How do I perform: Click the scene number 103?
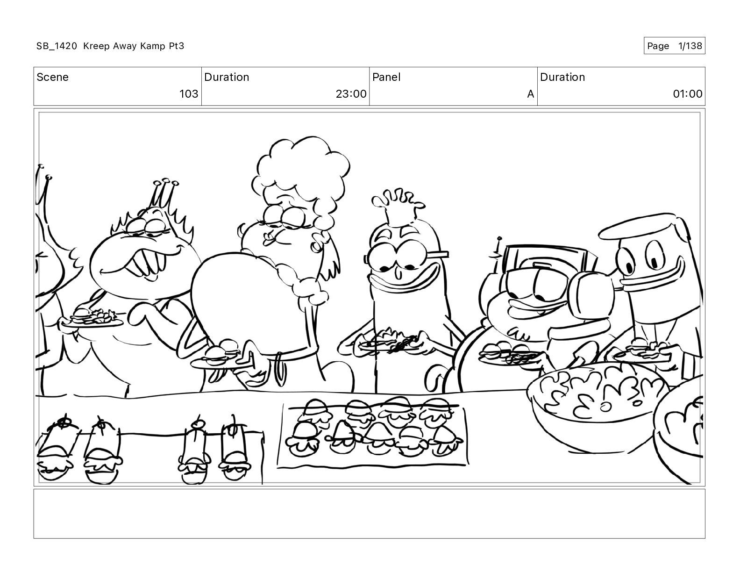pos(189,93)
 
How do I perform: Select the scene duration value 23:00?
pos(351,93)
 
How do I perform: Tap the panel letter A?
pos(530,93)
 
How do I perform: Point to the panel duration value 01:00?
pos(688,93)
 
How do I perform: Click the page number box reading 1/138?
pos(674,46)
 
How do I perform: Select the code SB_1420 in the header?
pos(57,46)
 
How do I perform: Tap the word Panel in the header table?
pos(386,77)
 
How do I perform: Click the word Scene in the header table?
pos(52,77)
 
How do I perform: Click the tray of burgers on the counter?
pos(373,433)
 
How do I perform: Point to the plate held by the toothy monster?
pos(92,320)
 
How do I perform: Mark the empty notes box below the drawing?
pos(370,514)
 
